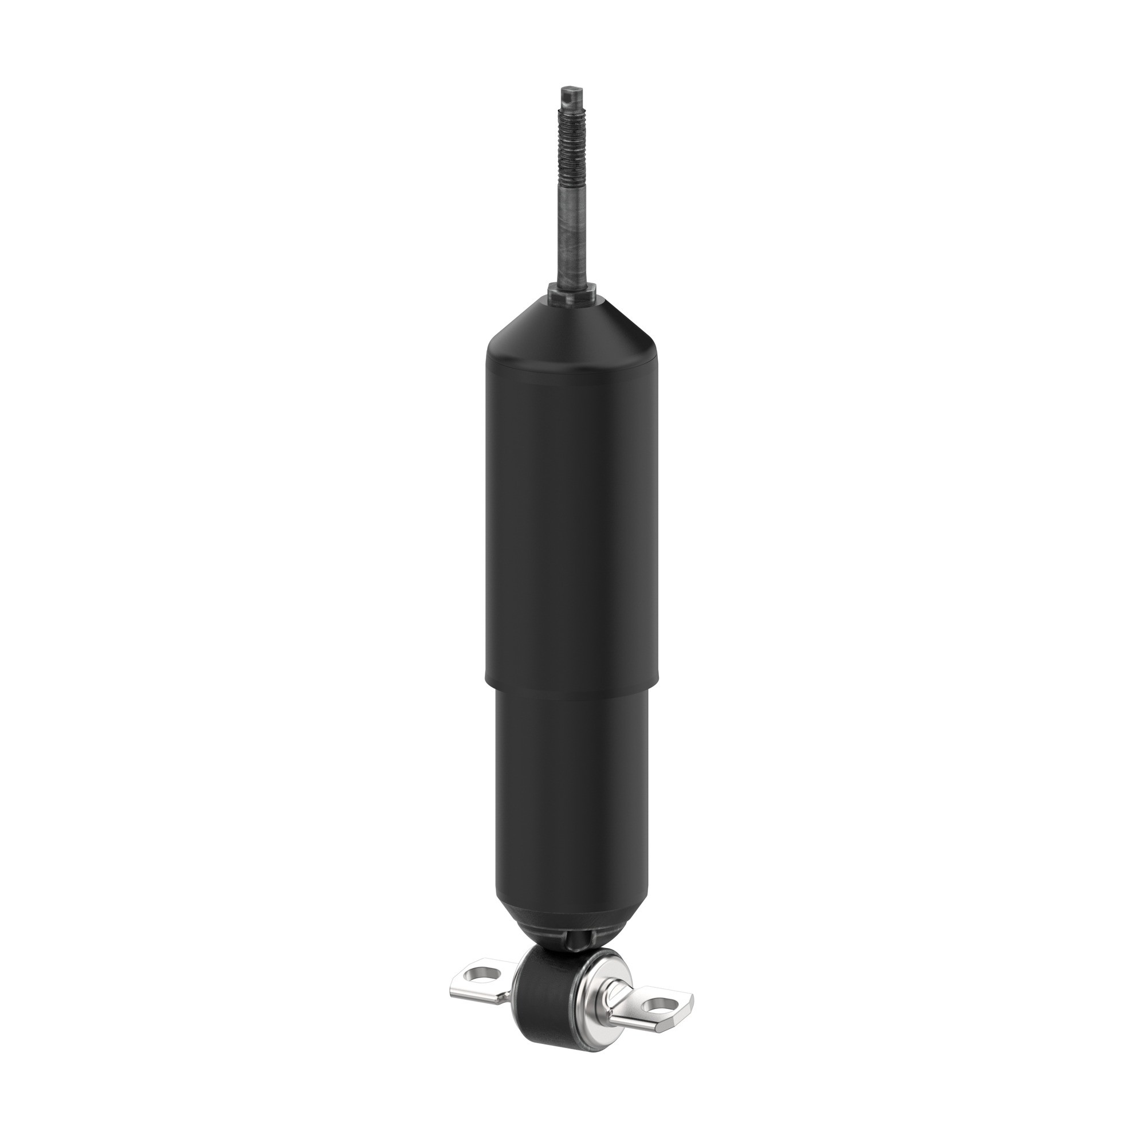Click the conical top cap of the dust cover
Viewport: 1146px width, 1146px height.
coord(572,332)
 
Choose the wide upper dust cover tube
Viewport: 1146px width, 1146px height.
coord(572,522)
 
